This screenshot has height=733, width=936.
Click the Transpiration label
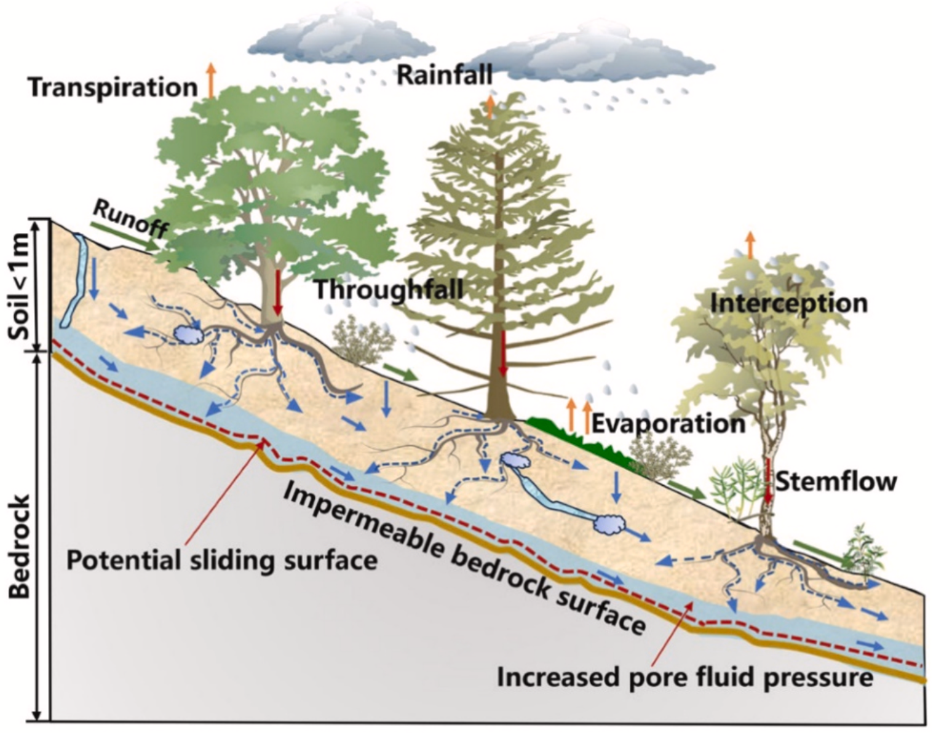tap(113, 87)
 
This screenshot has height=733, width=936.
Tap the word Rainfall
tap(444, 75)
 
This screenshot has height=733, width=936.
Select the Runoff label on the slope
tap(130, 220)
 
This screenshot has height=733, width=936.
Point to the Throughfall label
tap(389, 289)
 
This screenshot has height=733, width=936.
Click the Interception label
tap(789, 303)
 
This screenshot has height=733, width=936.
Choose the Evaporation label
tap(668, 424)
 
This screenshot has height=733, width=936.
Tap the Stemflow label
tap(835, 481)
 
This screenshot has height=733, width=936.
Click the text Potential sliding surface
tap(221, 560)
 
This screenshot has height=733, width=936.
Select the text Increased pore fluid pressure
tap(685, 678)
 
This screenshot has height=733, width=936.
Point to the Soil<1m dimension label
tap(22, 287)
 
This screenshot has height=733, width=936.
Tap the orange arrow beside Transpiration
tap(211, 81)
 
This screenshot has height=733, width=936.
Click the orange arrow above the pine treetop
tap(490, 106)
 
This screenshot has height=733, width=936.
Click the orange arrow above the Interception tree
tap(750, 245)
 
